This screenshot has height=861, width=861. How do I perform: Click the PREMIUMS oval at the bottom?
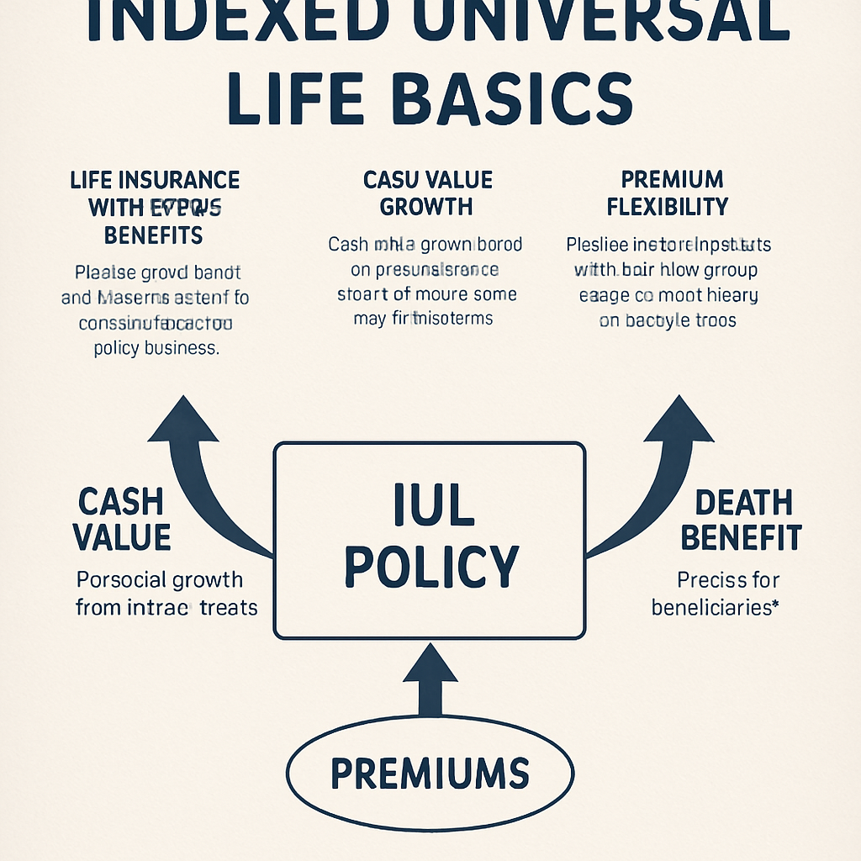(430, 772)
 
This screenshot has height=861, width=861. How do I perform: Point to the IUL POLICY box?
(430, 539)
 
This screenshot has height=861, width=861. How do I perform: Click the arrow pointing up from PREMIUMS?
(430, 678)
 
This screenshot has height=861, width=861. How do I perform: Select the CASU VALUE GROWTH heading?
(427, 193)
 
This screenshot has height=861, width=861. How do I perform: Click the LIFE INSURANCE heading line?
(155, 180)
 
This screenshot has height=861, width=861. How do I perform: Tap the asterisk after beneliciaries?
(774, 604)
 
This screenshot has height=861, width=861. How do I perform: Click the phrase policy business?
(156, 348)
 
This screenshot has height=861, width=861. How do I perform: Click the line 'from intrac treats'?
(166, 607)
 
